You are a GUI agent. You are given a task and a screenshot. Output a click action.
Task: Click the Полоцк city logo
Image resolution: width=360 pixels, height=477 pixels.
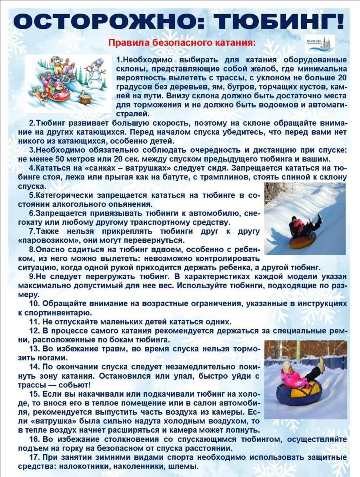pyautogui.click(x=320, y=44)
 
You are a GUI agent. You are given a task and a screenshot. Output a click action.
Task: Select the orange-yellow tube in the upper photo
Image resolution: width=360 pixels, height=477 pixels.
pyautogui.click(x=303, y=240)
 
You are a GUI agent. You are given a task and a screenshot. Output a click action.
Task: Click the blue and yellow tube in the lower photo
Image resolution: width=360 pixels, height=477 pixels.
pyautogui.click(x=298, y=394)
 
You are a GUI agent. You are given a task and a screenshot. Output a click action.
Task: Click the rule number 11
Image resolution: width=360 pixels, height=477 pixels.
pyautogui.click(x=34, y=322)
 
